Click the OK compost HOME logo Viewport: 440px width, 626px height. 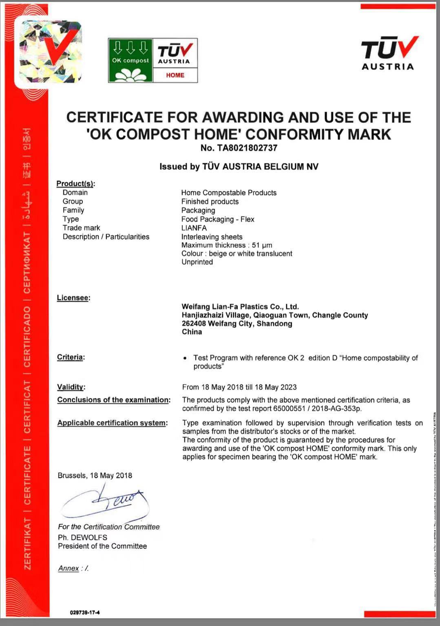coord(153,60)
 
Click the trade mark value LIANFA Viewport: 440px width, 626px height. coord(194,228)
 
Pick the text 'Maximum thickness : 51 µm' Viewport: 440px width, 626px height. coord(227,245)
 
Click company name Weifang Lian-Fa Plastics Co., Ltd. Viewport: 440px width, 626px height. coord(240,306)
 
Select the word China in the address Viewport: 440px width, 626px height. coord(192,332)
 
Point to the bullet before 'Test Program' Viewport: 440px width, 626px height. coord(186,358)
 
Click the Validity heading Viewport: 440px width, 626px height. coord(71,387)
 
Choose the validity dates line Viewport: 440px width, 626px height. coord(239,387)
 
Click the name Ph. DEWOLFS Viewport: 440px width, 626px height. coord(82,537)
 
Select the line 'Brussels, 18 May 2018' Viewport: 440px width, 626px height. coord(95,475)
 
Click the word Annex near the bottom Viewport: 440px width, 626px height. coord(69,568)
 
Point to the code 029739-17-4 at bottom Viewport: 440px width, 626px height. coord(85,612)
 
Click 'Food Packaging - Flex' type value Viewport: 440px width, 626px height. coord(218,219)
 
